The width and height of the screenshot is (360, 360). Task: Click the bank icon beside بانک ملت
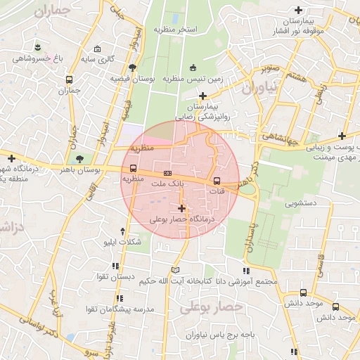pyautogui.click(x=167, y=172)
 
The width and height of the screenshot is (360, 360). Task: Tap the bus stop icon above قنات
pyautogui.click(x=216, y=181)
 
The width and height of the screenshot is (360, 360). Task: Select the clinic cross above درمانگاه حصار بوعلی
pyautogui.click(x=182, y=208)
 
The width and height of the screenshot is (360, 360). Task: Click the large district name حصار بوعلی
pyautogui.click(x=210, y=307)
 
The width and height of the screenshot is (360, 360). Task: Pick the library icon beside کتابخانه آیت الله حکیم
pyautogui.click(x=175, y=270)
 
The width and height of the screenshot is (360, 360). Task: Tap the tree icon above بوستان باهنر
pyautogui.click(x=78, y=158)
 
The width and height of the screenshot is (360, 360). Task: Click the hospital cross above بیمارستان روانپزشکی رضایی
pyautogui.click(x=203, y=96)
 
